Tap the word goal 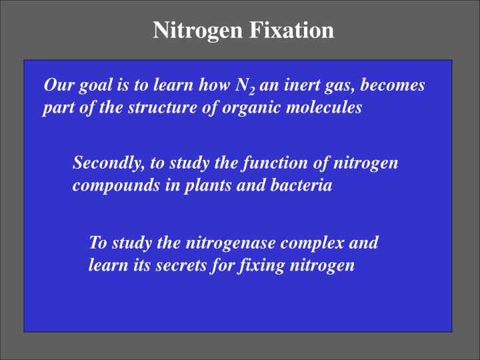[x=87, y=86]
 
